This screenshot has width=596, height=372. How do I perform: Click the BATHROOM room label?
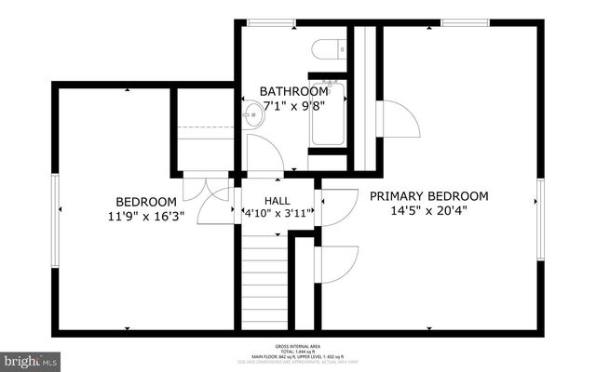point(293,91)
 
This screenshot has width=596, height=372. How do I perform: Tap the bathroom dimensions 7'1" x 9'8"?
point(293,107)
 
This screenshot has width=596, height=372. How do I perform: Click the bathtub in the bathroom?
point(328,114)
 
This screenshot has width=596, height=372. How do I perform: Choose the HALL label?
point(278,201)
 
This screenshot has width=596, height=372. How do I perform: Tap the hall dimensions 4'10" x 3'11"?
point(278,213)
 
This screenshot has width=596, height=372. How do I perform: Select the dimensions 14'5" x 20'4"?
point(429,210)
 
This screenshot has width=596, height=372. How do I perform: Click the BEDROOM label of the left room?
point(146,202)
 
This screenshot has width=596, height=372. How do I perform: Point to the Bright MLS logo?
point(32,358)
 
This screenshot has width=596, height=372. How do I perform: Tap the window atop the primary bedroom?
point(466,22)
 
